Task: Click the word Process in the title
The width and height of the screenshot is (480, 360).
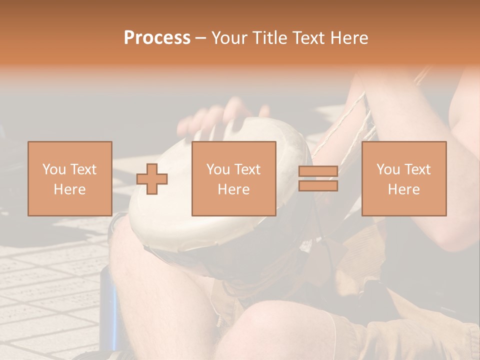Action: (x=157, y=38)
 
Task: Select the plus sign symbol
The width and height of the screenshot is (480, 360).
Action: (x=152, y=179)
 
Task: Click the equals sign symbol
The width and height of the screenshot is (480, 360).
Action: (x=318, y=179)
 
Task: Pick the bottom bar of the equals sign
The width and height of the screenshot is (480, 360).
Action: (x=318, y=186)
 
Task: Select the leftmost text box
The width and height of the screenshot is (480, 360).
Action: (x=69, y=178)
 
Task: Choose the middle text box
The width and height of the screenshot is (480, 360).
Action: (x=233, y=178)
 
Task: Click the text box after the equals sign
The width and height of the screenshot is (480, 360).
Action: (x=403, y=178)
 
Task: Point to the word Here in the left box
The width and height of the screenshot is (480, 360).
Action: (x=69, y=189)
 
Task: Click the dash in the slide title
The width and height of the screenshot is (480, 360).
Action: (x=200, y=38)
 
